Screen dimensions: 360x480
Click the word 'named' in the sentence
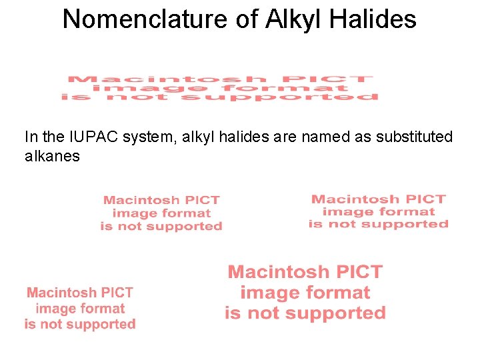click(323, 137)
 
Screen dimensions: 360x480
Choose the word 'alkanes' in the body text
click(52, 157)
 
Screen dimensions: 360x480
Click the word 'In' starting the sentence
click(31, 137)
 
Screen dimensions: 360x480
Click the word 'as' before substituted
click(358, 137)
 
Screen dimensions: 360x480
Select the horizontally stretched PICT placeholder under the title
click(220, 88)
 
